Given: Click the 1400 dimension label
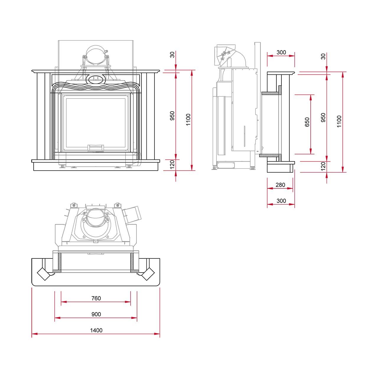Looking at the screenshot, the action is (x=96, y=330).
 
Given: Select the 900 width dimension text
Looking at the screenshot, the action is (x=96, y=314).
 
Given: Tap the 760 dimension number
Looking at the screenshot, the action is (x=96, y=298).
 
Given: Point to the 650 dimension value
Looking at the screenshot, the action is (x=307, y=122).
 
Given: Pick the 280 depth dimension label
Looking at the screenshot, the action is (x=280, y=185).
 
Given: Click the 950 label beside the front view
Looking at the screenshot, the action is (x=172, y=116).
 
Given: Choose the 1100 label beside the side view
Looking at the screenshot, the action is (x=339, y=122).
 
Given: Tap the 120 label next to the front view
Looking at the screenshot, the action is (x=172, y=164).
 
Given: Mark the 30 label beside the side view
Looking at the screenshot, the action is (x=323, y=56).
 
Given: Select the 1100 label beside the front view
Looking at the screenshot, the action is (x=188, y=120).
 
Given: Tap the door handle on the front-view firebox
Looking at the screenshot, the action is (x=96, y=148).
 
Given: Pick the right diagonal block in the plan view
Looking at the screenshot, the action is (x=148, y=274).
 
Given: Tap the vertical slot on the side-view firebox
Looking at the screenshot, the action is (x=245, y=136).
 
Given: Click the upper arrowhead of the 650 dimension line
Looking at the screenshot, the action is (x=310, y=97).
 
